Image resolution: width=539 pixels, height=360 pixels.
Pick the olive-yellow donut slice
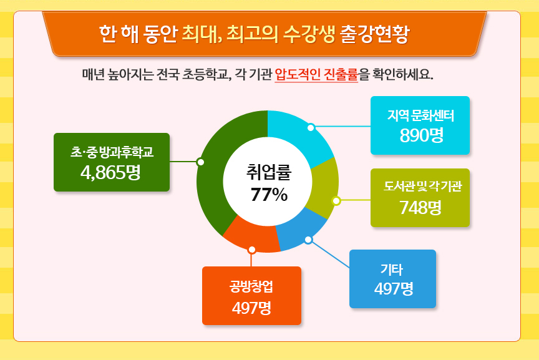[x=323, y=187]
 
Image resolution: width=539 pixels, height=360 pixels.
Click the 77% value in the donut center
[x=269, y=195]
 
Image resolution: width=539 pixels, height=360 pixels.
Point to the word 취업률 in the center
[x=268, y=172]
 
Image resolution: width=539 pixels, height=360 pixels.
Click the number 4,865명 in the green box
[x=110, y=172]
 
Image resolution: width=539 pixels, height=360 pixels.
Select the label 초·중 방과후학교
[x=112, y=152]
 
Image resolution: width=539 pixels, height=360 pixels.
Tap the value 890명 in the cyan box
[x=422, y=135]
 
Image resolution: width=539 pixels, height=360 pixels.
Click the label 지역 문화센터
[x=420, y=115]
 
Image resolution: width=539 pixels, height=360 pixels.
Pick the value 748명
[x=420, y=207]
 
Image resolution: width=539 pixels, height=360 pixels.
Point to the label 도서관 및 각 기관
[x=422, y=187]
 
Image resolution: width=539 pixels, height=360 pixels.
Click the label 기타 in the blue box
[x=392, y=270]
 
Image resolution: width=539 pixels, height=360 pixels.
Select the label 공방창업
[x=251, y=286]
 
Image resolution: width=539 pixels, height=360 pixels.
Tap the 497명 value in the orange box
[x=251, y=308]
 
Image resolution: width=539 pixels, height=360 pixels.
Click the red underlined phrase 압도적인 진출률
[x=316, y=74]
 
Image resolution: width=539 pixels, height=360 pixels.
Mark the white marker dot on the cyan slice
[x=311, y=127]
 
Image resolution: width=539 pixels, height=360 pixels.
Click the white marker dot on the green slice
[x=200, y=162]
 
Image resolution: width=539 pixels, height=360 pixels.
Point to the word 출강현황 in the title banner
[x=374, y=34]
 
